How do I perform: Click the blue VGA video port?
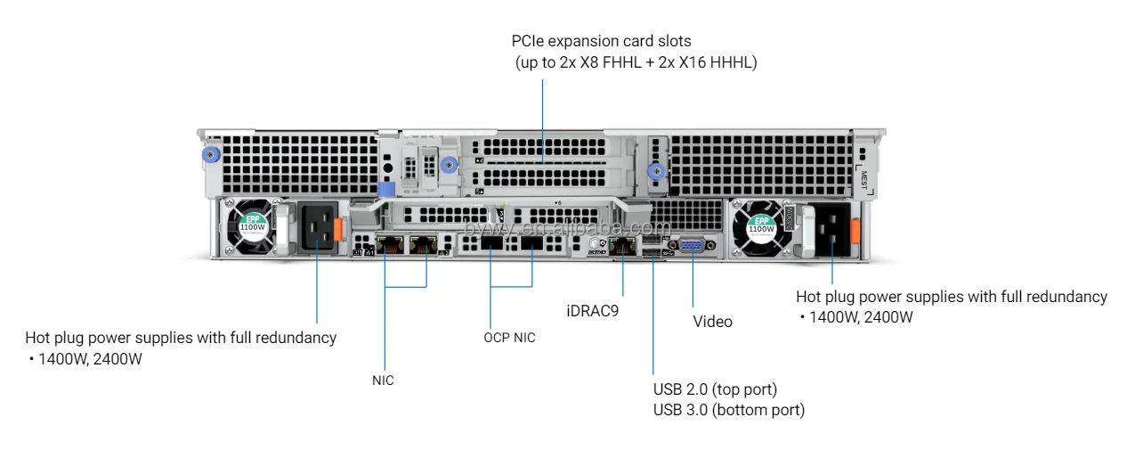[x=692, y=247]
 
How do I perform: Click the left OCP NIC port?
[x=491, y=246]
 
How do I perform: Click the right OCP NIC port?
[x=532, y=246]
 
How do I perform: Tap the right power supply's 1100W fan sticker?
[x=761, y=226]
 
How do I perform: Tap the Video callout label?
[x=712, y=322]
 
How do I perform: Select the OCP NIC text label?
[x=509, y=338]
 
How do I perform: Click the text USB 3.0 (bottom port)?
[x=728, y=411]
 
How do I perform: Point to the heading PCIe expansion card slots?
[x=601, y=41]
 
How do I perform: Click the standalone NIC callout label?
[x=383, y=380]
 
